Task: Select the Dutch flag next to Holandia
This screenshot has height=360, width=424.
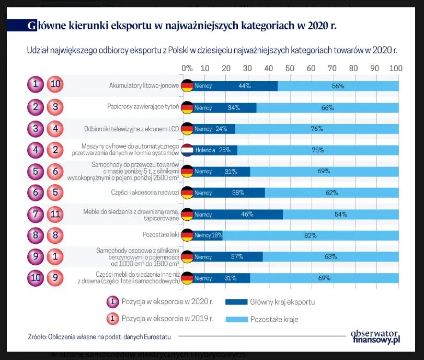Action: [x=187, y=150]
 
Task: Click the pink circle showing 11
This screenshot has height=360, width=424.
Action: [x=55, y=213]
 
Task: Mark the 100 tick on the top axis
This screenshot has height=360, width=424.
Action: [x=396, y=69]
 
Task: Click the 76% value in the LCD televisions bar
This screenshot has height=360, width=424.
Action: [x=317, y=129]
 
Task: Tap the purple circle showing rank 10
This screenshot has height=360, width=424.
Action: [x=36, y=278]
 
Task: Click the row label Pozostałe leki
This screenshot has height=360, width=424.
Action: [x=161, y=235]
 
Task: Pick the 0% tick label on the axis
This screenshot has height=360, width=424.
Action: [x=187, y=69]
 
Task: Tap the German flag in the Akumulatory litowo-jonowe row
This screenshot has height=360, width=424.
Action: [x=187, y=86]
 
